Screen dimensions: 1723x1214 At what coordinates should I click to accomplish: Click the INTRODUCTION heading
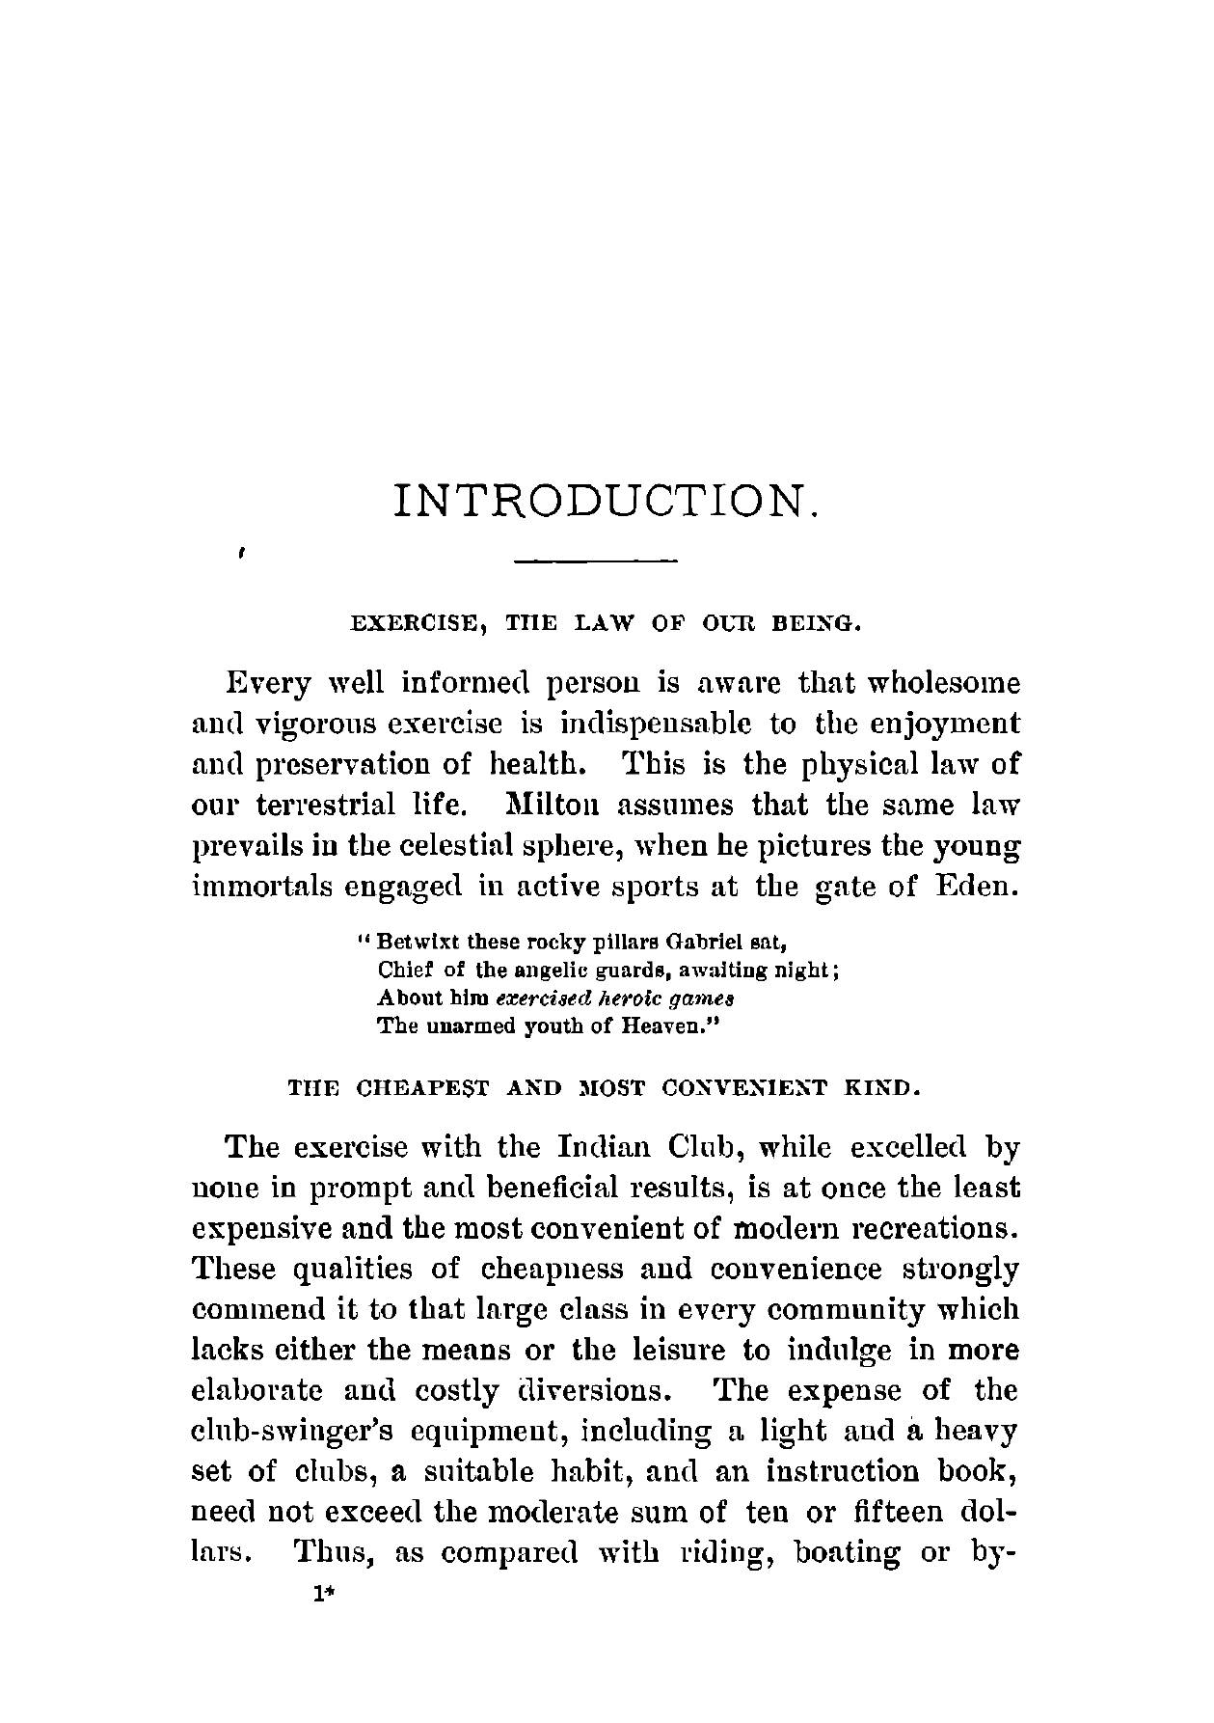coord(607,501)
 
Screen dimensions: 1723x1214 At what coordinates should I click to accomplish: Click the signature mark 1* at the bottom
coord(322,1595)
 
